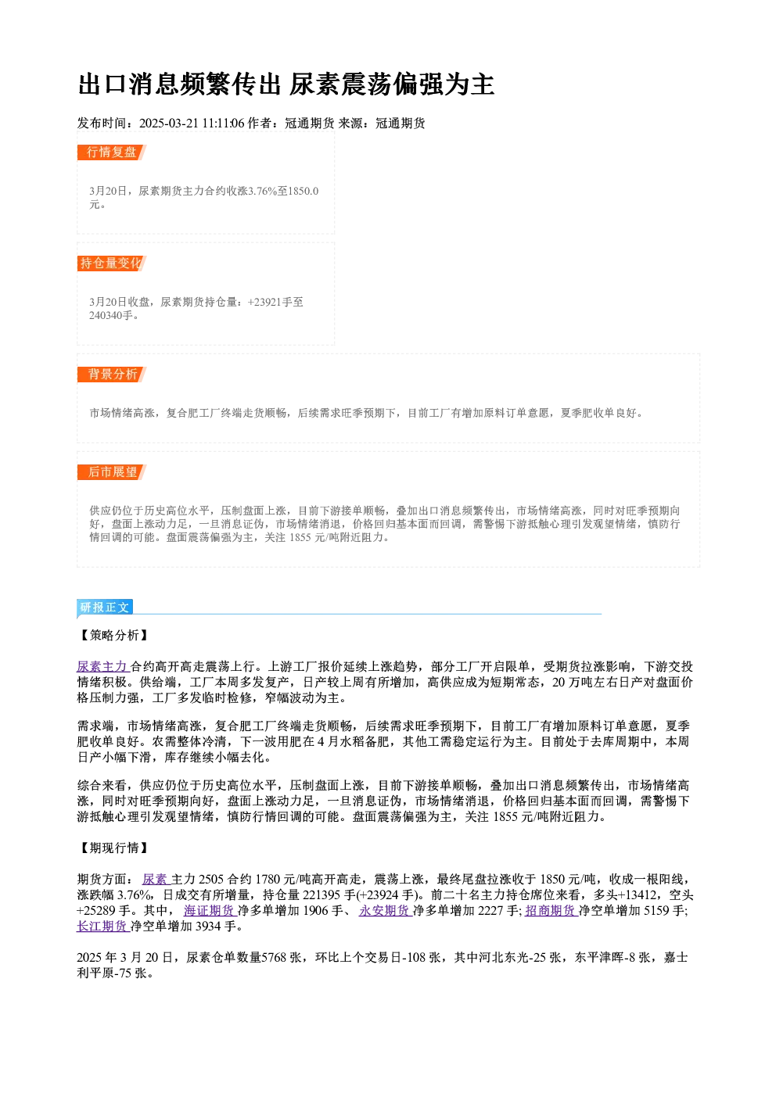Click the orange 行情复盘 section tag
[111, 152]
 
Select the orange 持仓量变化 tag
[111, 263]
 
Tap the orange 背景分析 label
[111, 375]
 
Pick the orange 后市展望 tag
[111, 472]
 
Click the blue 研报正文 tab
[105, 608]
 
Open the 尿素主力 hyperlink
[102, 666]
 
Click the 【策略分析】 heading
[113, 635]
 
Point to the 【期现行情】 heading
[113, 848]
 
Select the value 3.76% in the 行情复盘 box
[261, 191]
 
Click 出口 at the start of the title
[103, 84]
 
